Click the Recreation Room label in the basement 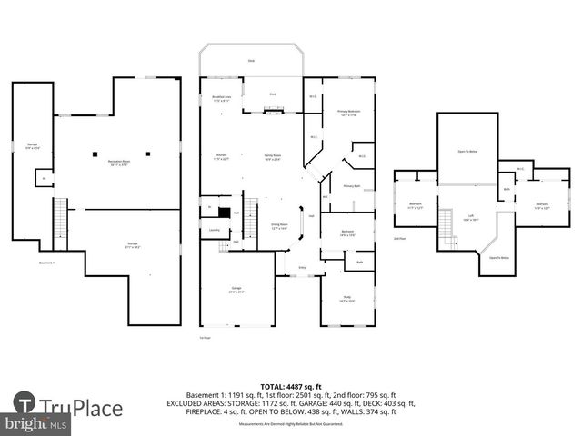click(x=118, y=164)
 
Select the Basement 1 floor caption click(x=47, y=263)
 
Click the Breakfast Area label click(x=221, y=100)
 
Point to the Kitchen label click(x=221, y=157)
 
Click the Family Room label click(x=272, y=157)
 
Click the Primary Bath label click(x=352, y=186)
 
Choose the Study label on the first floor click(x=347, y=298)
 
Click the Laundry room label click(x=215, y=231)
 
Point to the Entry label click(x=303, y=268)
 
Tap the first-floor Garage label click(x=236, y=291)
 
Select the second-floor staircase click(x=447, y=223)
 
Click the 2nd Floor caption click(x=398, y=238)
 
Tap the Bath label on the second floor click(x=507, y=189)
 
